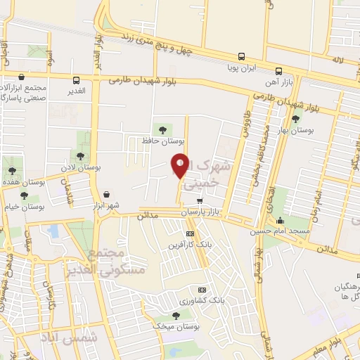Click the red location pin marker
click(180, 166)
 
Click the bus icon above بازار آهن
click(279, 72)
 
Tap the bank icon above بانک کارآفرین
click(189, 234)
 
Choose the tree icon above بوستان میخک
click(176, 316)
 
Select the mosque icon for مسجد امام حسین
click(281, 219)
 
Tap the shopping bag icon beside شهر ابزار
click(105, 195)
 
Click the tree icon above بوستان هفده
click(10, 170)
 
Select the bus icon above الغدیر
click(76, 79)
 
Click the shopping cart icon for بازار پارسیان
click(200, 200)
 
